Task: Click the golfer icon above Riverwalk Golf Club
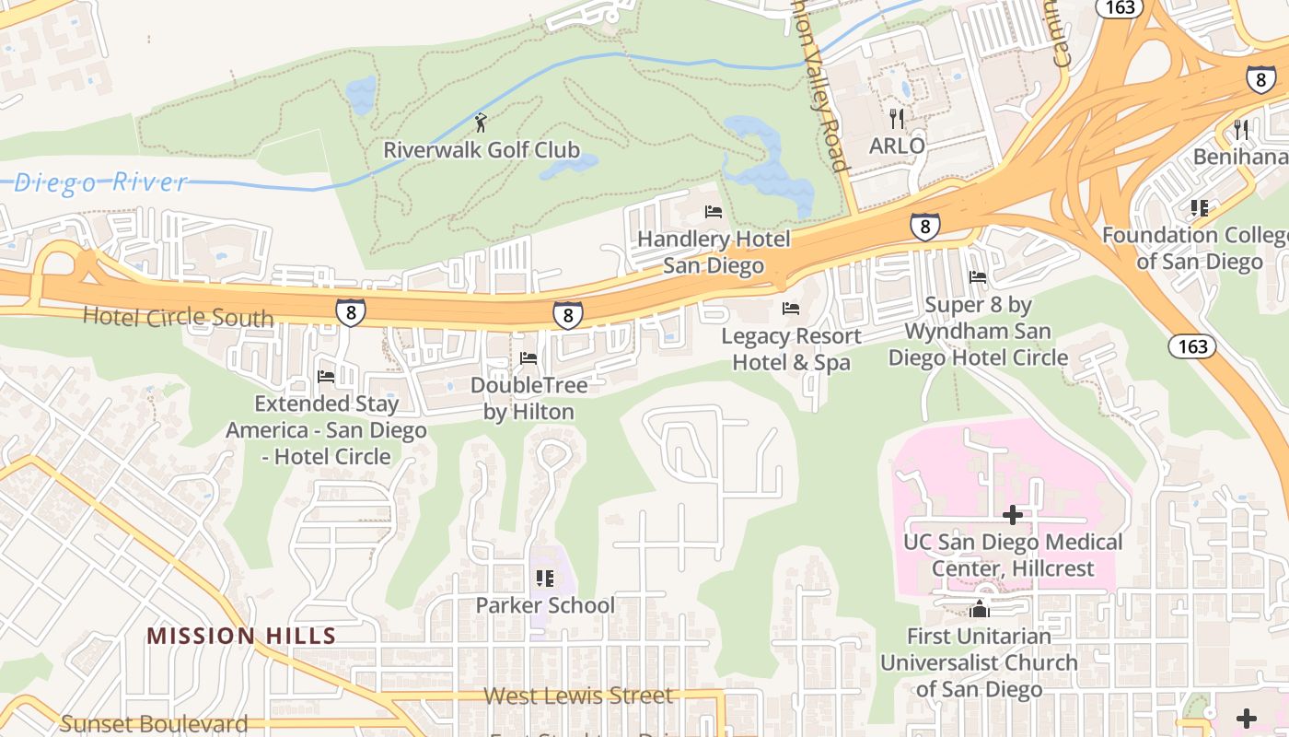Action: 481,123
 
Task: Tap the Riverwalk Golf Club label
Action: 482,150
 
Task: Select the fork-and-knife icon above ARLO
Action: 897,118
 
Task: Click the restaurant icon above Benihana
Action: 1241,129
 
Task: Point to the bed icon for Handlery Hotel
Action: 714,212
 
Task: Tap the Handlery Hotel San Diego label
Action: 714,252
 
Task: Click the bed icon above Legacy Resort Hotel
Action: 791,309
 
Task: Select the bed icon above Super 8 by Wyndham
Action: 978,277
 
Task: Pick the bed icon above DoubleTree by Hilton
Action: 528,358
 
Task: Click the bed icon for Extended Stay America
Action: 326,377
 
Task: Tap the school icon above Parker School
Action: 544,579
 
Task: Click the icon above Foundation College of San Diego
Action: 1199,208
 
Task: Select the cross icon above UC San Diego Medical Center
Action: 1013,515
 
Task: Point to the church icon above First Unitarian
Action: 979,609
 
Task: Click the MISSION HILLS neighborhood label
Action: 241,636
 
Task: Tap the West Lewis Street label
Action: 578,696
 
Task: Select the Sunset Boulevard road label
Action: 154,724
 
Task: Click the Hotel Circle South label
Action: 178,318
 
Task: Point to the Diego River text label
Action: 100,182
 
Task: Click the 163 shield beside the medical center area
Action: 1192,346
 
